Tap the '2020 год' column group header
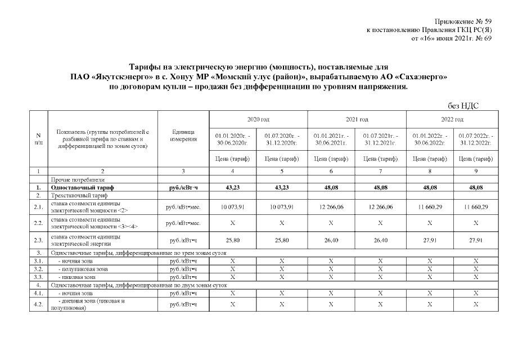pos(258,119)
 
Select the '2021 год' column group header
pos(357,119)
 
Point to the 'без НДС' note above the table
pos(463,106)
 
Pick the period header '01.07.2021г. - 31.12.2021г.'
pos(381,139)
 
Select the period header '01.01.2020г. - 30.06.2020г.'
pos(233,139)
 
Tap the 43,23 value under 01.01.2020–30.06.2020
pos(233,187)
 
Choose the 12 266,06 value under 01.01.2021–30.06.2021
pos(331,208)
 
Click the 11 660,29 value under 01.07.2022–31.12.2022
pos(476,208)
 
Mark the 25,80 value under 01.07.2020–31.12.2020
pos(282,241)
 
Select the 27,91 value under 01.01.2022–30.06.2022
pos(430,241)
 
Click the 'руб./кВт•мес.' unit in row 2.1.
pos(184,208)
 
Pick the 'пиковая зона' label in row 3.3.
pos(78,277)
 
